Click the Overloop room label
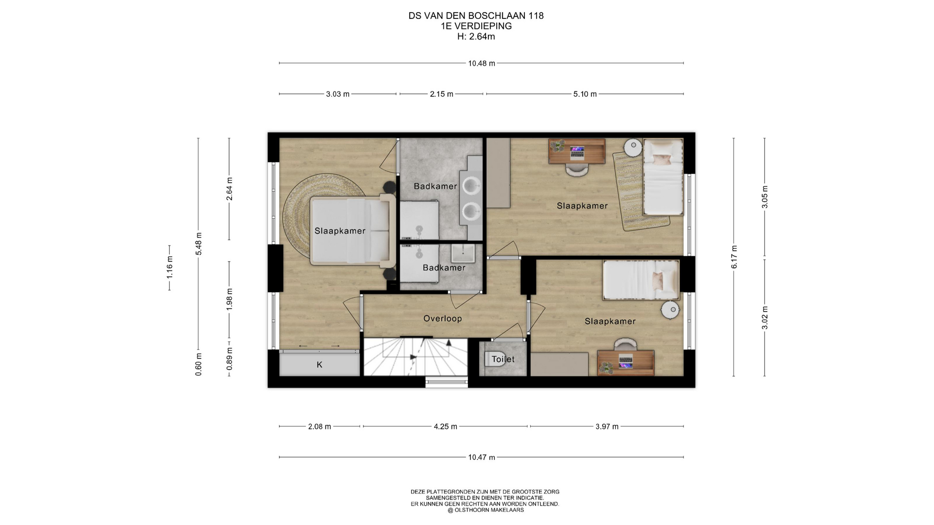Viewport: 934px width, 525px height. point(442,318)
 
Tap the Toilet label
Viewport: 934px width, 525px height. point(503,359)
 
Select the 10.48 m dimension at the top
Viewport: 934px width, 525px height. point(482,63)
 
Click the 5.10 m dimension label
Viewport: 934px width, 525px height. point(585,94)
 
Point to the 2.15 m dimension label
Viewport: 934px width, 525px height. point(442,94)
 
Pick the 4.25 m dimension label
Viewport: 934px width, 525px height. point(446,426)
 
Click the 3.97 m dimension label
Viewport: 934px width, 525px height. point(607,426)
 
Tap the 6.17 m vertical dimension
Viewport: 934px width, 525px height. point(734,257)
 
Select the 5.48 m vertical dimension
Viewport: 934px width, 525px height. point(198,244)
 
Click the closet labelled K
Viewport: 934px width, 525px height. point(320,364)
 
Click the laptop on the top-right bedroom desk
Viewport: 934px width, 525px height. point(577,152)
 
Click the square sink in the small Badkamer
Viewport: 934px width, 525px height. point(463,253)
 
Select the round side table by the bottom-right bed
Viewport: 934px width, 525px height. point(671,310)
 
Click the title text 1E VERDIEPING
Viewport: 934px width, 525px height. point(476,26)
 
